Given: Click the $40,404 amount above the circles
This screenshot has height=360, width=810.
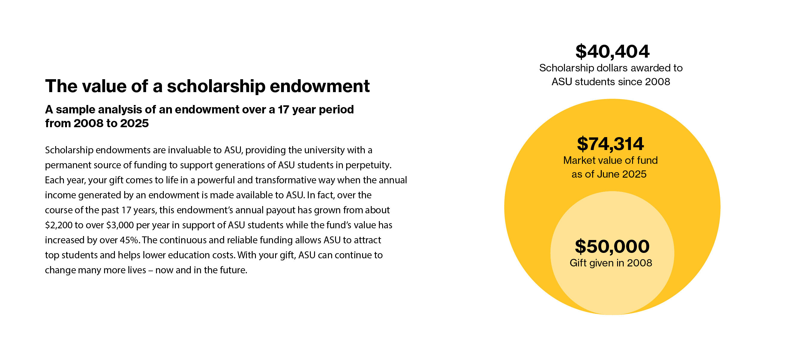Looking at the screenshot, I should click(x=612, y=52).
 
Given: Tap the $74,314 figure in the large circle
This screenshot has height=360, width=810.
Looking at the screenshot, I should click(x=610, y=144).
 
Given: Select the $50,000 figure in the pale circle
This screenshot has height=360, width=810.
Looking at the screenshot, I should click(x=612, y=247).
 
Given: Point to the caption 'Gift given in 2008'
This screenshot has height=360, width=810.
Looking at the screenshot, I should click(x=610, y=263).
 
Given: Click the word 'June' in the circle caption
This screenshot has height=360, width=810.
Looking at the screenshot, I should click(x=609, y=174).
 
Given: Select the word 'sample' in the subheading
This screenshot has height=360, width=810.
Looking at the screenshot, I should click(x=75, y=109).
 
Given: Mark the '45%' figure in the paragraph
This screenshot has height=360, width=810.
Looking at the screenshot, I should click(x=129, y=240).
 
